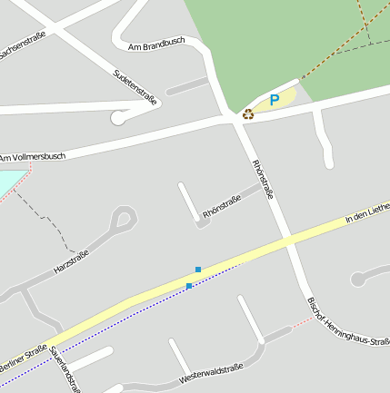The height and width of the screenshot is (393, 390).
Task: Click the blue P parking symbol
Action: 274,100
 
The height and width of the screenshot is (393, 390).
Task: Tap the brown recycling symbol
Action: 247,114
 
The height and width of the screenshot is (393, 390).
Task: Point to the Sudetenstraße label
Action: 134,87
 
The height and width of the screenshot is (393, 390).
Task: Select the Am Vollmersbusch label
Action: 32,157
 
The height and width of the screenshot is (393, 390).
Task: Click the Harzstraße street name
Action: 71,261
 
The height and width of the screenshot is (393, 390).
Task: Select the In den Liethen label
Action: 367,214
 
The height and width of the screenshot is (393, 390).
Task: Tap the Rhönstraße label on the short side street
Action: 222,206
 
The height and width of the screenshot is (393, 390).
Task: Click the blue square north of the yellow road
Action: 197,270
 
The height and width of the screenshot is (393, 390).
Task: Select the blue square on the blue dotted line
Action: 189,286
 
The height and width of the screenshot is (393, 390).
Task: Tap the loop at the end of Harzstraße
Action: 125,217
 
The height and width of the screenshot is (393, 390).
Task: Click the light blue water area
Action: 7,182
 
